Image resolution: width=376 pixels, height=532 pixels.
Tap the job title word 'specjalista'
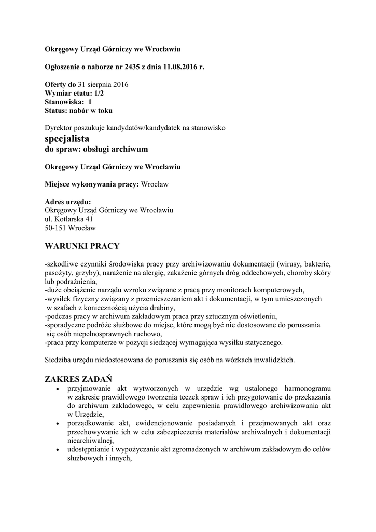tap(67, 139)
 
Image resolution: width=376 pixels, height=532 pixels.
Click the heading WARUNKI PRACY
tap(82, 245)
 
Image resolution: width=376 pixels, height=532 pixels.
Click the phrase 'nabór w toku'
tap(91, 110)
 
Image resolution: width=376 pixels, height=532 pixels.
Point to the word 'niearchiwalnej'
tap(90, 441)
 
